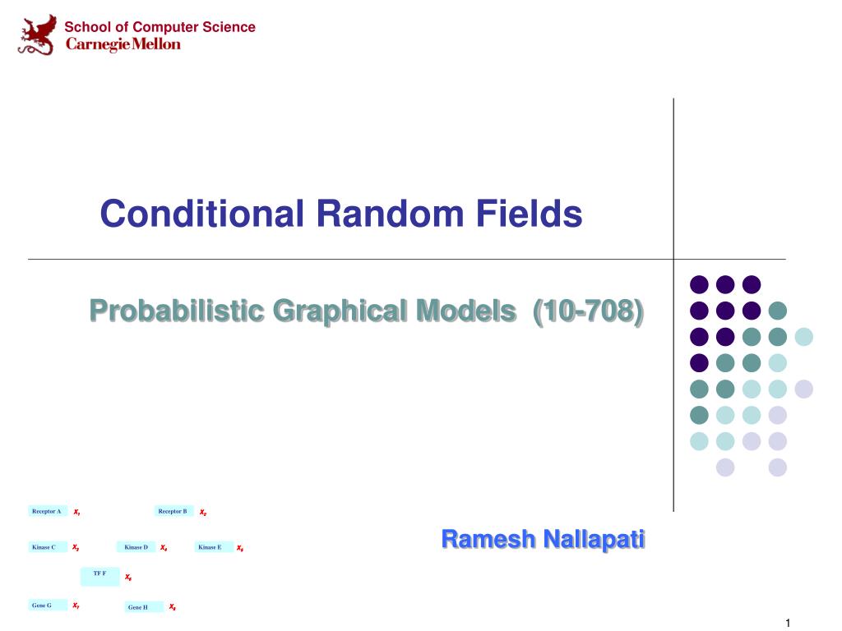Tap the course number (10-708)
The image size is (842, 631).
pos(588,311)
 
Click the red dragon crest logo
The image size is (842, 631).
pos(38,35)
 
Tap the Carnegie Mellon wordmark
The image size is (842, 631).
pos(123,44)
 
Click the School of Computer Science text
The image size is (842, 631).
pos(160,27)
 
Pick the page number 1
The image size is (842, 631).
pos(787,623)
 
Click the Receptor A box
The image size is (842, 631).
pos(48,511)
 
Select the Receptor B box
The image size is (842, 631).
pos(173,511)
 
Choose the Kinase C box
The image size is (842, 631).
pos(46,546)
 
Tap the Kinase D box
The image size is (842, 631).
pos(136,546)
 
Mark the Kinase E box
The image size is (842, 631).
pos(210,546)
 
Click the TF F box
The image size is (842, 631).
pos(99,575)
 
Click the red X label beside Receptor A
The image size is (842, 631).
pos(76,512)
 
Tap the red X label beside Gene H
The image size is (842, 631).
pos(173,607)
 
